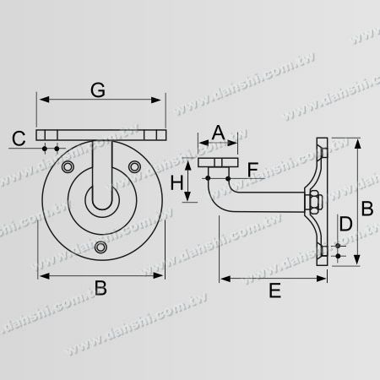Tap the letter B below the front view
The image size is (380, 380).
tap(100, 290)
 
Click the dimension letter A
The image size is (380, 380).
tap(218, 131)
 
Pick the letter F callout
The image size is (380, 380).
tap(252, 169)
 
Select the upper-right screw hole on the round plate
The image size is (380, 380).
tap(134, 168)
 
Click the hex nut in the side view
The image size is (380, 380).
tap(313, 202)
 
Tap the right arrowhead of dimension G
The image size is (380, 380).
tap(160, 100)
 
